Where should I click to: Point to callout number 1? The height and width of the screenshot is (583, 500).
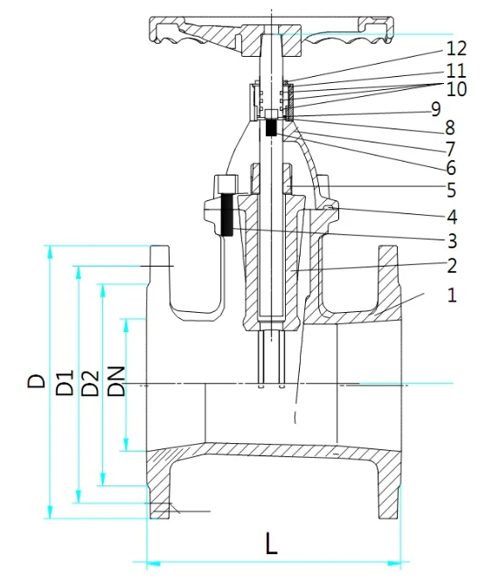tap(452, 295)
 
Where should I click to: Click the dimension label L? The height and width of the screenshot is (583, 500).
tap(272, 544)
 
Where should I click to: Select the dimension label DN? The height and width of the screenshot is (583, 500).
tap(116, 382)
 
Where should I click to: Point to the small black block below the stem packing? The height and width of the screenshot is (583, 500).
tap(271, 128)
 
